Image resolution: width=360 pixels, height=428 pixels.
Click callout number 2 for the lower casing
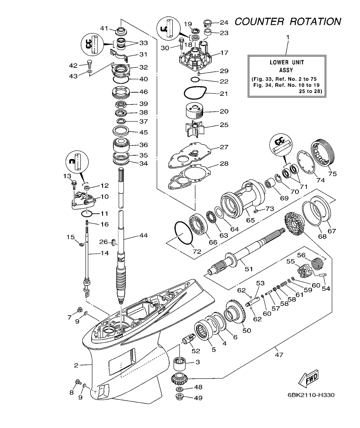[x=76, y=365]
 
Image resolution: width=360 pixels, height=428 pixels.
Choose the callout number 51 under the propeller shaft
[x=248, y=269]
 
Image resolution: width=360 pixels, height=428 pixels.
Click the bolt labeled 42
[x=89, y=64]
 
